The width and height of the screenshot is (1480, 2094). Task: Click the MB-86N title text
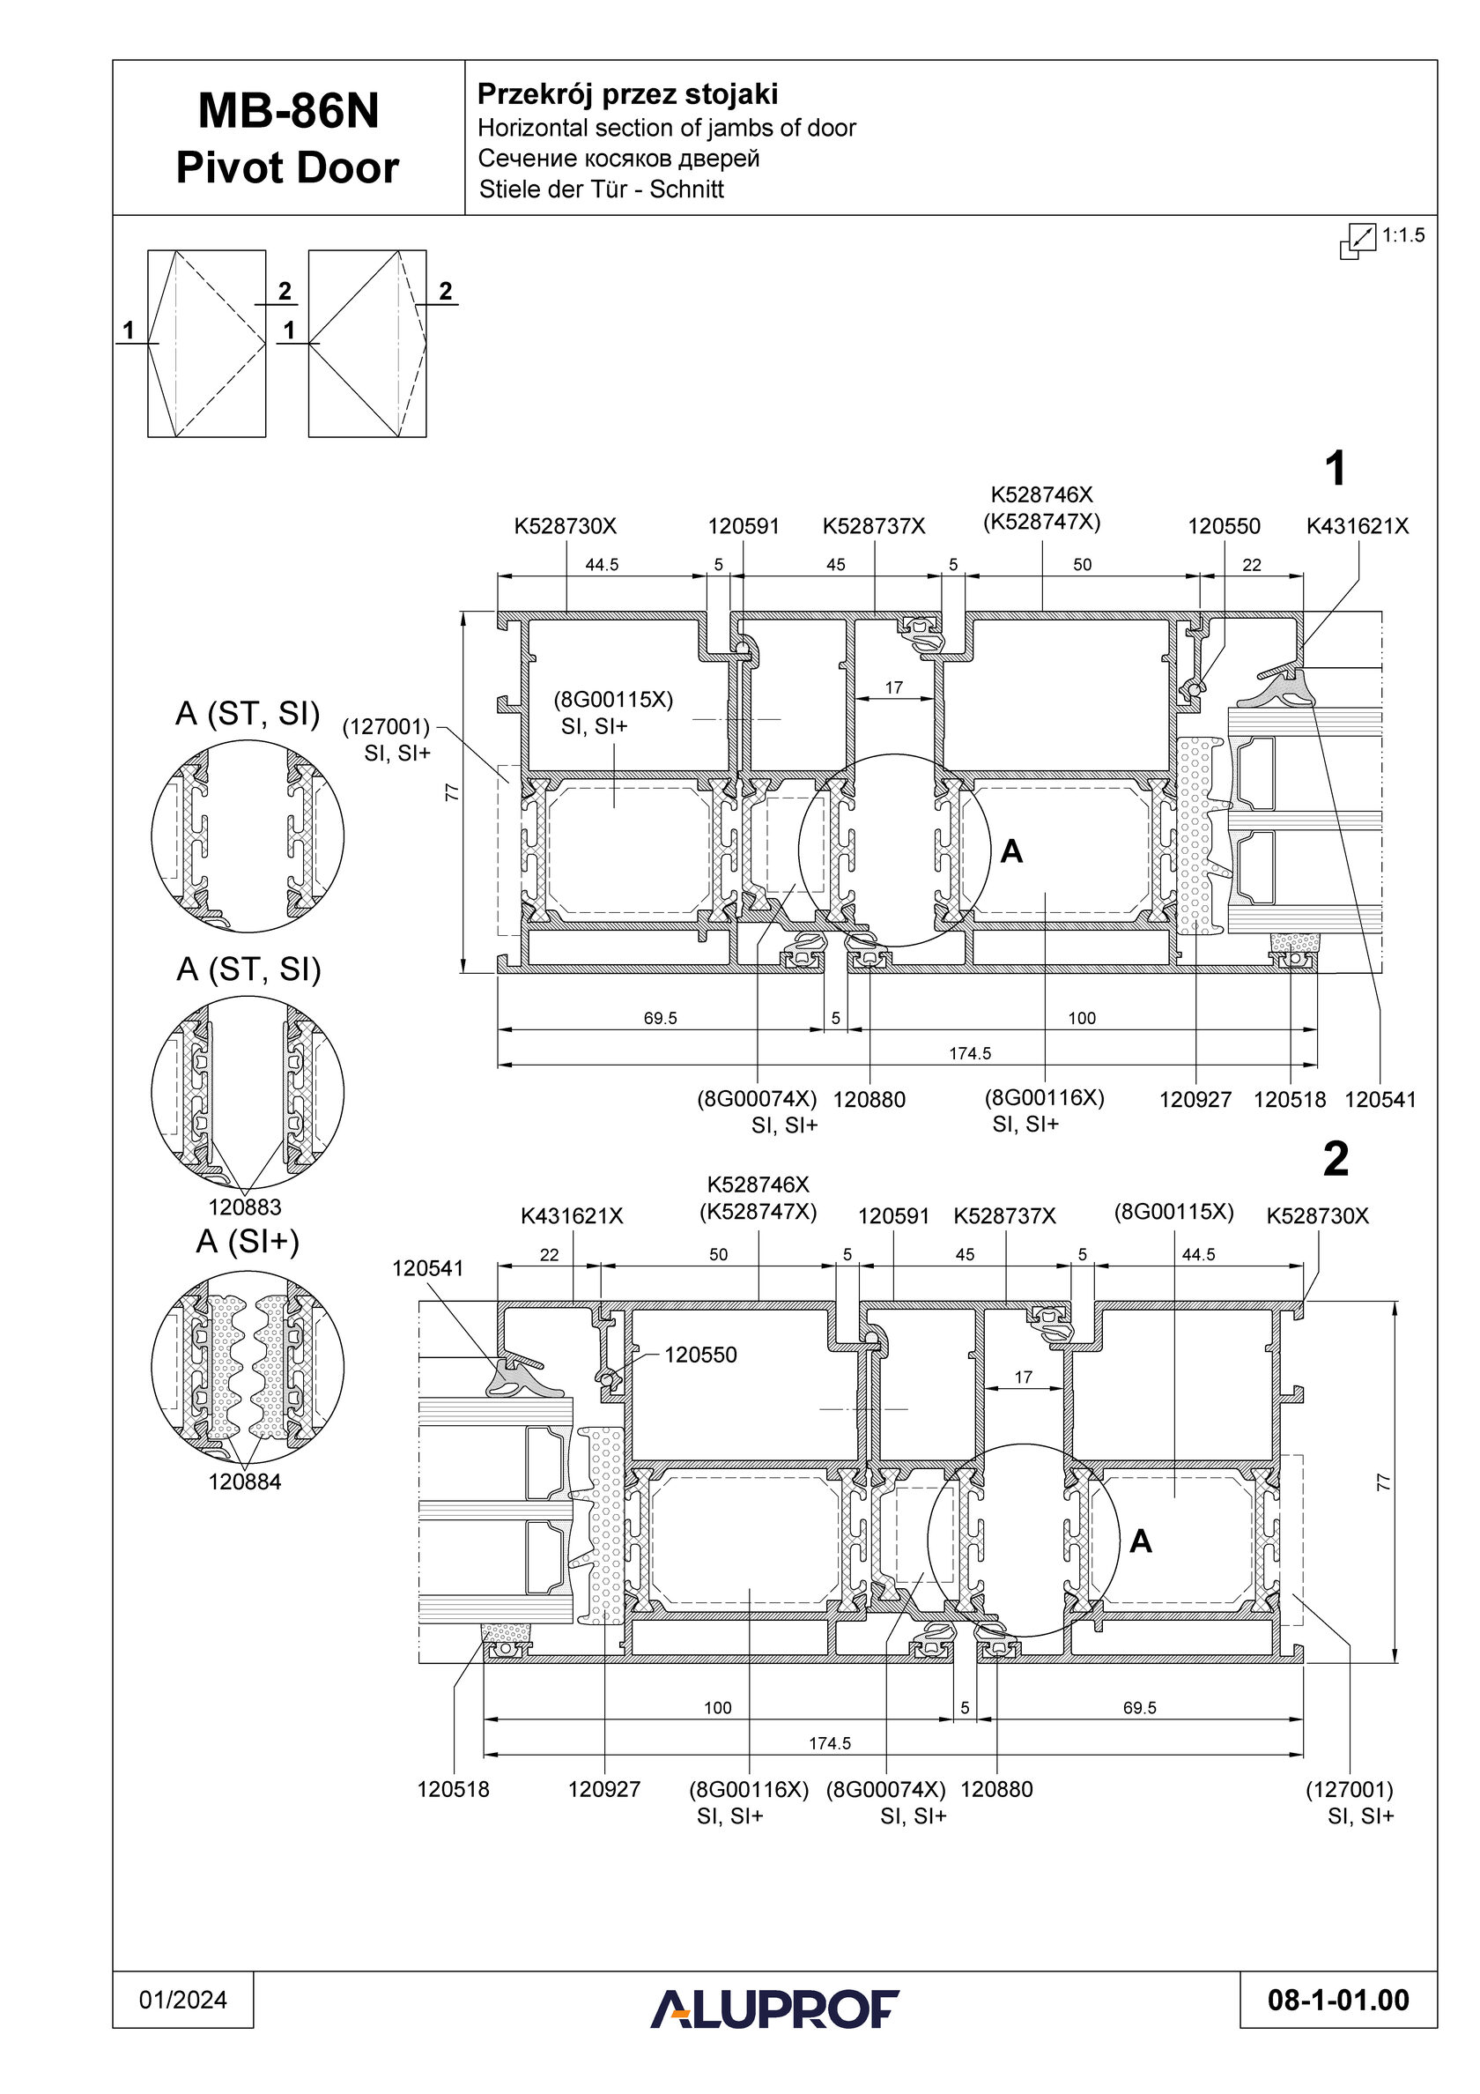(288, 112)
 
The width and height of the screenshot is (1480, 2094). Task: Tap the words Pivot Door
(288, 167)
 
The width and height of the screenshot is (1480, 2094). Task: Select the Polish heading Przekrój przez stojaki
(628, 95)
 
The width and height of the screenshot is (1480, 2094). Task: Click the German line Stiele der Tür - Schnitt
(602, 189)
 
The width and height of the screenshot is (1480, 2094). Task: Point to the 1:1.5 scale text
(1402, 235)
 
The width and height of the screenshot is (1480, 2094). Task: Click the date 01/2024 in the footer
(183, 2000)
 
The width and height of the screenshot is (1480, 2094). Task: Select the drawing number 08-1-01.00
(1339, 2001)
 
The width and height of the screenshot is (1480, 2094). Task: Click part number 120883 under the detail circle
(244, 1207)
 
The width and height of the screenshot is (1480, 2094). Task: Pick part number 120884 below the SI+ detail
(244, 1482)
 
